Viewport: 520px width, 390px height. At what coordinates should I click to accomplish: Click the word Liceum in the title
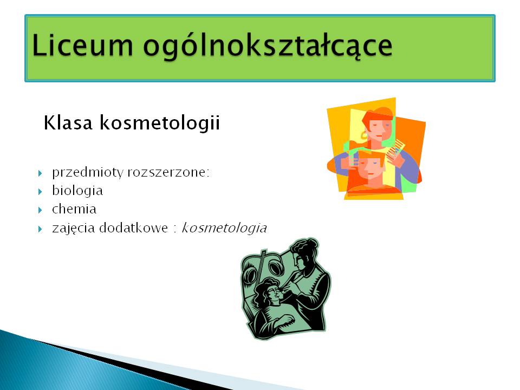(x=82, y=45)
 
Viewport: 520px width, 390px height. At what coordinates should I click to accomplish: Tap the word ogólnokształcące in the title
(x=268, y=47)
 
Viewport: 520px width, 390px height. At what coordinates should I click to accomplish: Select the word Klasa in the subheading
(x=68, y=122)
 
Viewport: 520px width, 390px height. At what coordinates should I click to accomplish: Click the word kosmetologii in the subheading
(x=159, y=123)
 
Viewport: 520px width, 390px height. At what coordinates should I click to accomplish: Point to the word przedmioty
(x=88, y=172)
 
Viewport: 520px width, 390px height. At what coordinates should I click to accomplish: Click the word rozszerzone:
(x=168, y=172)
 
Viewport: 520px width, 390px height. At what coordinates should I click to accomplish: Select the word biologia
(x=77, y=191)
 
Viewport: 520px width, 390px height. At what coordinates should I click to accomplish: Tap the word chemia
(x=74, y=209)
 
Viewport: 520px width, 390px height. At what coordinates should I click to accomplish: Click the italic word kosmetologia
(x=224, y=228)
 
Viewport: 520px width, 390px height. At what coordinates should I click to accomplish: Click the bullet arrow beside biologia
(x=40, y=192)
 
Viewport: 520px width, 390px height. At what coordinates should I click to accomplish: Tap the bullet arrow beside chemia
(x=40, y=210)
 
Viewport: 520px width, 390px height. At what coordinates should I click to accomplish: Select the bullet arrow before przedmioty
(x=40, y=173)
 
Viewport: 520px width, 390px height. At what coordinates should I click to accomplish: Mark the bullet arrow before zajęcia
(x=40, y=229)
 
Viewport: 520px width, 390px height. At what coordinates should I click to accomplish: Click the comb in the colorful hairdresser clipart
(x=396, y=148)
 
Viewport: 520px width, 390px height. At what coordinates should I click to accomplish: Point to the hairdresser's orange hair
(x=378, y=114)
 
